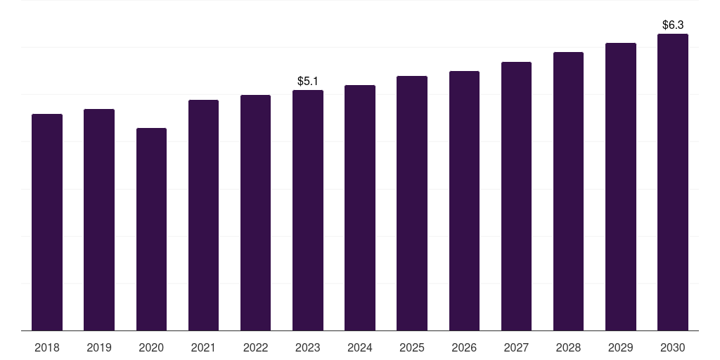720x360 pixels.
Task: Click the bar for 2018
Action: coord(47,222)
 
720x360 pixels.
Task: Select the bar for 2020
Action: coord(152,229)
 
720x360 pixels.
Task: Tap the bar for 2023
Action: coord(308,210)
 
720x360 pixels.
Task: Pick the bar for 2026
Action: coord(464,200)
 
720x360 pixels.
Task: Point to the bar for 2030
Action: coord(673,182)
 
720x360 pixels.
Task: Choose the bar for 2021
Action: coord(203,215)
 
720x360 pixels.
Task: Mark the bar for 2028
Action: coord(568,191)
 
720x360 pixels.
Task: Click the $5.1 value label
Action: coord(308,82)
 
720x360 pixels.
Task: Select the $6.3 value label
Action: coord(673,25)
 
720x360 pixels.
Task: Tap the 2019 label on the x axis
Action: coord(99,347)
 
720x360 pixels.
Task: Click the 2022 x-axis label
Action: coord(255,347)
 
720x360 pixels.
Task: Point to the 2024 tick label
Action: coord(360,347)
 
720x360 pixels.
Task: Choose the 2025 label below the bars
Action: coord(412,347)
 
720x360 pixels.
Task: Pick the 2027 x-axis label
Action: coord(516,347)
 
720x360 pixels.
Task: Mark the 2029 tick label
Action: coord(620,347)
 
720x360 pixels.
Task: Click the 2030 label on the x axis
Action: coord(673,347)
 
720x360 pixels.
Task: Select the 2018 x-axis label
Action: coord(47,347)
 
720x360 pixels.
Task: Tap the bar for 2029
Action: coord(621,187)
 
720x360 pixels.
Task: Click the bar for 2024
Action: coord(360,208)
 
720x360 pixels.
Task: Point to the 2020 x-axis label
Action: coord(152,347)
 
